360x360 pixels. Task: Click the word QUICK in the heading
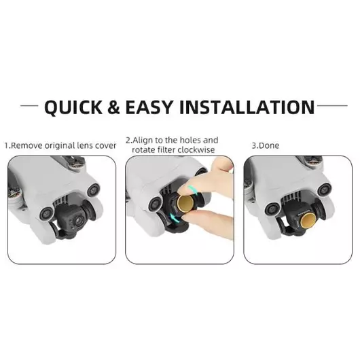pyautogui.click(x=73, y=107)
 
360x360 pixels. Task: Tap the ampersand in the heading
pyautogui.click(x=113, y=107)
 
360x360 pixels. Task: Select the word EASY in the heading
pyautogui.click(x=149, y=107)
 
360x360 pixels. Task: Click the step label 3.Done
pyautogui.click(x=266, y=145)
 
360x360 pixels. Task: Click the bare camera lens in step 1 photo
pyautogui.click(x=79, y=220)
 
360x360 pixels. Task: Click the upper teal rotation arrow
pyautogui.click(x=192, y=190)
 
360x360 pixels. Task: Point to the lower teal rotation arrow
pyautogui.click(x=174, y=217)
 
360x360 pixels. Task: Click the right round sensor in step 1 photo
pyautogui.click(x=94, y=190)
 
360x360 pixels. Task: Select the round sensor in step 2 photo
pyautogui.click(x=156, y=204)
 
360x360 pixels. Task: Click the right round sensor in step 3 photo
pyautogui.click(x=324, y=190)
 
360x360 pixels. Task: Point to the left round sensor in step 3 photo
pyautogui.click(x=272, y=209)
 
